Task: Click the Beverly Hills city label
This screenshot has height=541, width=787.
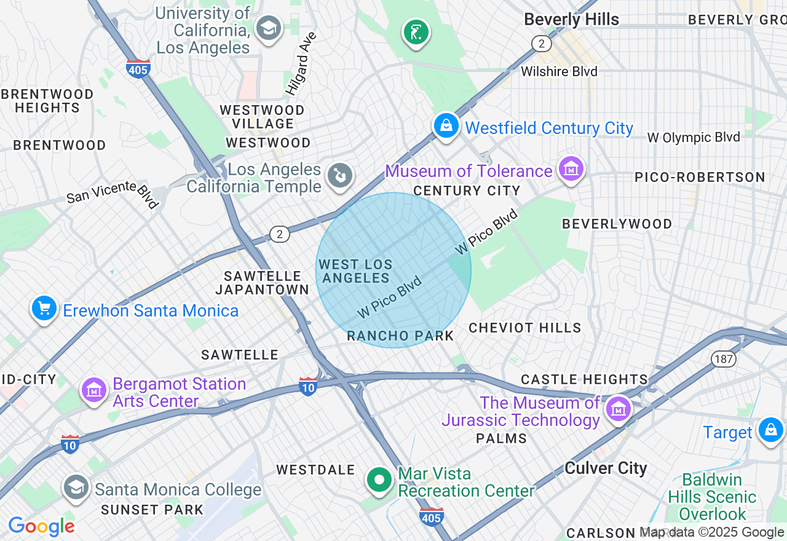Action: click(571, 20)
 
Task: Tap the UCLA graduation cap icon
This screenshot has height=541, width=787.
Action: click(269, 28)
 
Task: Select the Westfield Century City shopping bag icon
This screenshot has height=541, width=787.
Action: click(446, 126)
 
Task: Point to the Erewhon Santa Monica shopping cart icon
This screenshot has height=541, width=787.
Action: click(44, 309)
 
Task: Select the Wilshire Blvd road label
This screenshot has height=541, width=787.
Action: click(559, 72)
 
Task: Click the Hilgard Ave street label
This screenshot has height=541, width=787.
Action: click(301, 64)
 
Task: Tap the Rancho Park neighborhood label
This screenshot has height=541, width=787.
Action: click(400, 336)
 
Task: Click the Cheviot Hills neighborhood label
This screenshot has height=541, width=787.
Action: click(524, 328)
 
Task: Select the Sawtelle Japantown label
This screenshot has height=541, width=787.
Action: click(263, 283)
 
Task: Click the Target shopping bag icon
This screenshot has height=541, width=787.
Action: click(770, 430)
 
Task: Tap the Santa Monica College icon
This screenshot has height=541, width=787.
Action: click(76, 487)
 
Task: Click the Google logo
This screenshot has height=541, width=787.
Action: click(41, 526)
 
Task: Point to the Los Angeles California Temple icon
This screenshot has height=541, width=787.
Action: click(339, 176)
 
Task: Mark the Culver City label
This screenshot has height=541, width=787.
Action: click(605, 468)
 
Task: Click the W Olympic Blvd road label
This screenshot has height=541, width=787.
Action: click(693, 138)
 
